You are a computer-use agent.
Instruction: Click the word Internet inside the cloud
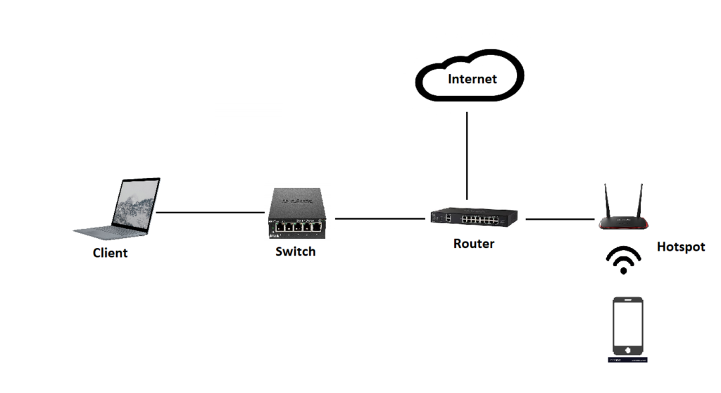(472, 79)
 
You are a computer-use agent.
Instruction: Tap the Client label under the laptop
(111, 253)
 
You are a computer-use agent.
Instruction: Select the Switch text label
(296, 251)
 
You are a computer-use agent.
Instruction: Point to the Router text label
(474, 244)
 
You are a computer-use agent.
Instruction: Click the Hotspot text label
(681, 247)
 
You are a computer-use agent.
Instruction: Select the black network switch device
(298, 212)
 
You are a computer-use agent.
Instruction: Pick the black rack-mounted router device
(476, 219)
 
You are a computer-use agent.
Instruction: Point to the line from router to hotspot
(560, 220)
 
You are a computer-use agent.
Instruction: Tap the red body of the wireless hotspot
(623, 223)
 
